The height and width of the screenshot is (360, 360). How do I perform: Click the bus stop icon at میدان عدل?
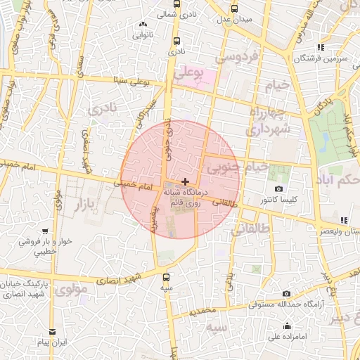point(235,8)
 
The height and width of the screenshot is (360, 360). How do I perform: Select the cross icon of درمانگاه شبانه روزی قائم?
point(184,181)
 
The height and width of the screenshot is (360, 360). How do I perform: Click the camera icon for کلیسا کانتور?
point(279,189)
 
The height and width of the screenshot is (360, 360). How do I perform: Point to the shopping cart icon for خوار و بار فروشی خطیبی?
point(45,231)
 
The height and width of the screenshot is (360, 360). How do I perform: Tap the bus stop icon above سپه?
point(166,277)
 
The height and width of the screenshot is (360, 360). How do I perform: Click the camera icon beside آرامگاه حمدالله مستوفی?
point(285,293)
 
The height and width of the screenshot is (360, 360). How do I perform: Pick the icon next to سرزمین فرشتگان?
point(321,46)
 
